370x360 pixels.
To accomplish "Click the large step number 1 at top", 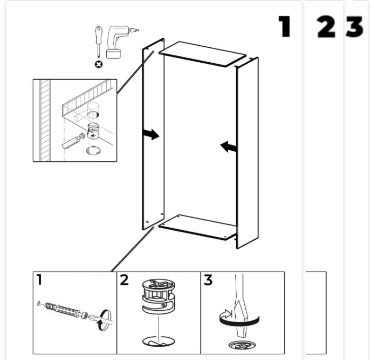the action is tap(284, 26).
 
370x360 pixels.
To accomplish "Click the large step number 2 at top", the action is tap(326, 26).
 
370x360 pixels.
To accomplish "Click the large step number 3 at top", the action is tap(354, 26).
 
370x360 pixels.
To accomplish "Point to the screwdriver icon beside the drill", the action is tap(99, 41).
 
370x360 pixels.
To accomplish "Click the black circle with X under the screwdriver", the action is tap(99, 64).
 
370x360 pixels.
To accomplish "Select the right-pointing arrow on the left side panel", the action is tap(151, 134).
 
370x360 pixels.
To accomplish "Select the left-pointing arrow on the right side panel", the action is tap(228, 147).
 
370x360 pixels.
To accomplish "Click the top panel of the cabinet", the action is tap(202, 55).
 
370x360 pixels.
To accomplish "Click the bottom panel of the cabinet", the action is tap(198, 227).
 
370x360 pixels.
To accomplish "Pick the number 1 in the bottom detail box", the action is tap(39, 279).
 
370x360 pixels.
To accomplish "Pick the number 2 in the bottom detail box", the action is tap(124, 280).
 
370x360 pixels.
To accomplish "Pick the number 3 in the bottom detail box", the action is tap(208, 280).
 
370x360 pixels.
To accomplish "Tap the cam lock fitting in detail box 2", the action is tap(159, 296).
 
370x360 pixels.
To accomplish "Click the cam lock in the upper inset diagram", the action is tap(94, 132).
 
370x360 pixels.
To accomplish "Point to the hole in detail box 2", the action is tap(159, 342).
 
